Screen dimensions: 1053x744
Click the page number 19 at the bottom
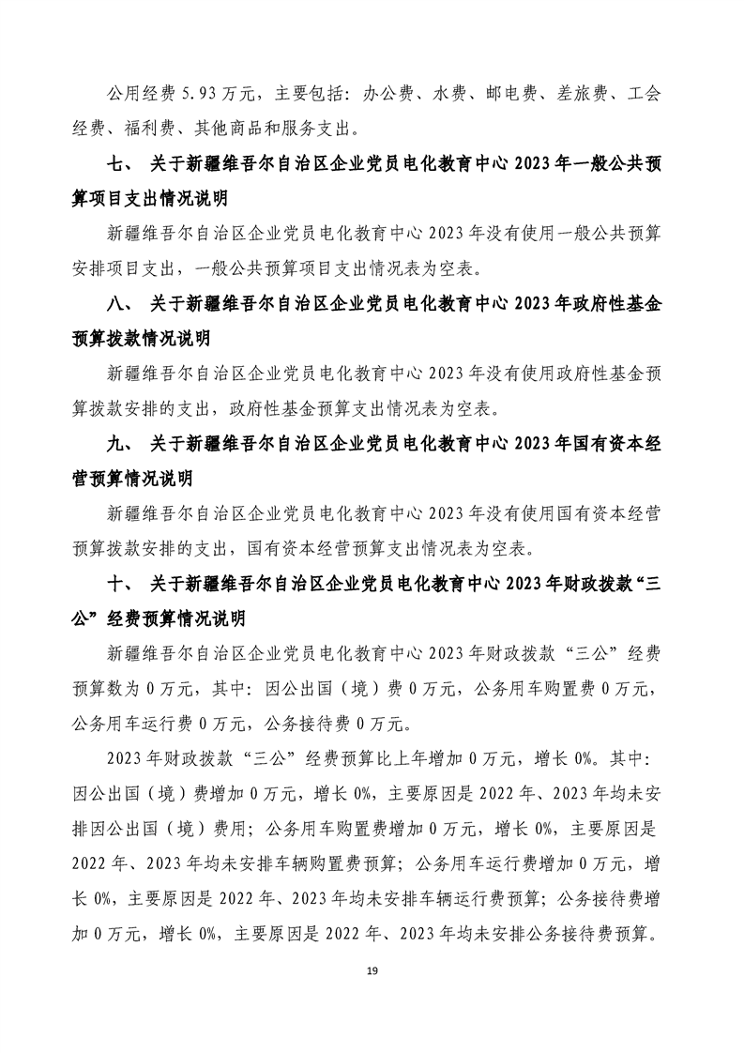[x=372, y=969]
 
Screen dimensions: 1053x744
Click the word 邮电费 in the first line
[x=508, y=94]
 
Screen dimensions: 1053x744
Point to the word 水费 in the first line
[x=447, y=94]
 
